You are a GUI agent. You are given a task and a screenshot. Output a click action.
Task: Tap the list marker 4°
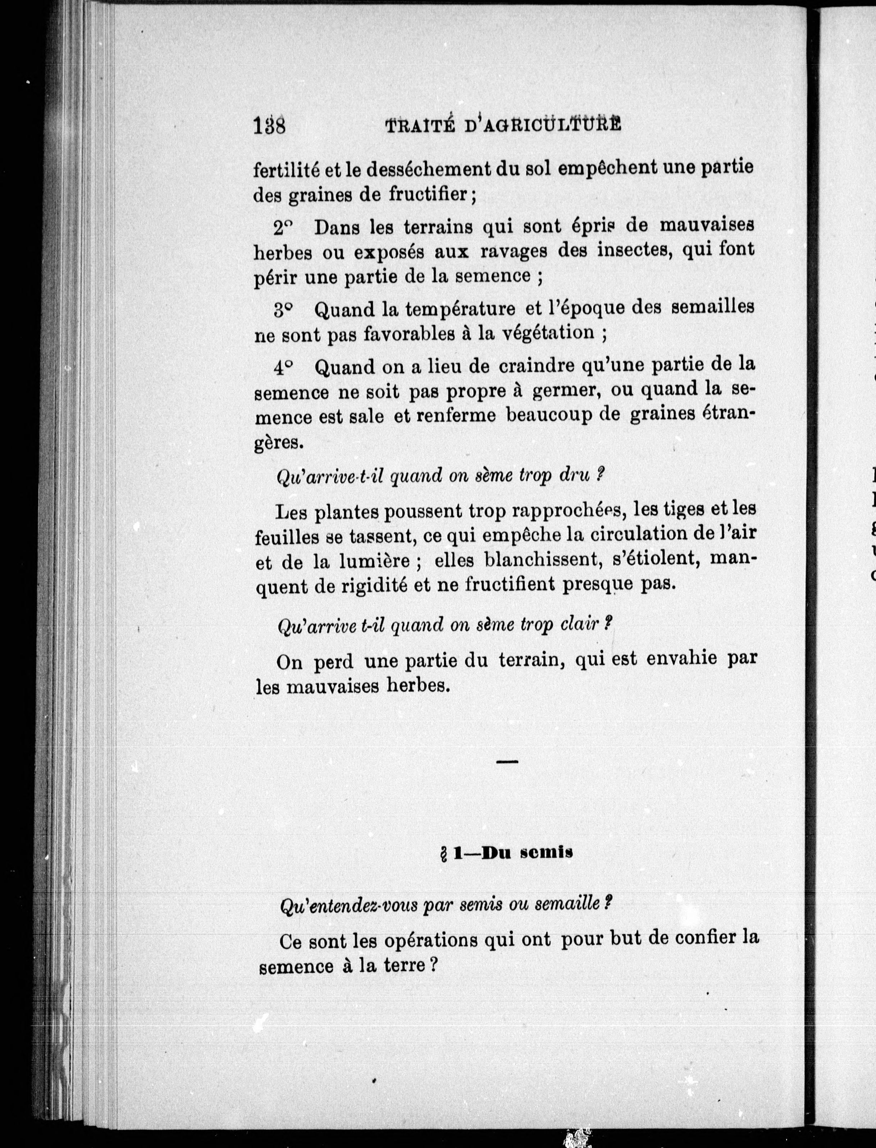coord(284,368)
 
